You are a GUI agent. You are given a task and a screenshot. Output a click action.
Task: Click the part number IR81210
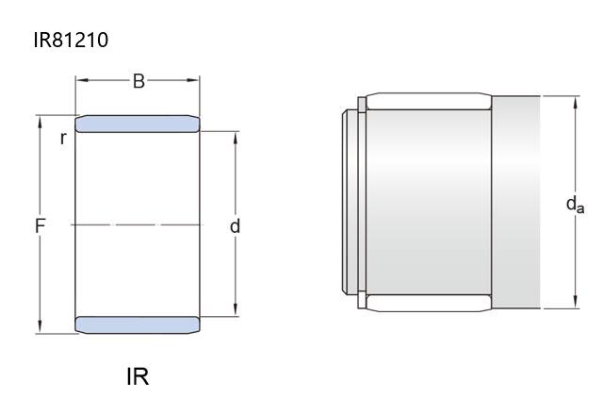pyautogui.click(x=71, y=40)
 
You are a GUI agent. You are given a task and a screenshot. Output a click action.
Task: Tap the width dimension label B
pyautogui.click(x=139, y=81)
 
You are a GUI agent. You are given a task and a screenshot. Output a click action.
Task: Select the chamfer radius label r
pyautogui.click(x=63, y=138)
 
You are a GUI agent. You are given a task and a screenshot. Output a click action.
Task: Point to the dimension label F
pyautogui.click(x=40, y=225)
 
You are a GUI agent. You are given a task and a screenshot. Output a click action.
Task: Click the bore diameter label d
pyautogui.click(x=235, y=226)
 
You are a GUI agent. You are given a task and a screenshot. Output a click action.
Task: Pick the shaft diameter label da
pyautogui.click(x=576, y=205)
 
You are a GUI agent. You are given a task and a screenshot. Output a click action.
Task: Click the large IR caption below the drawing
pyautogui.click(x=138, y=376)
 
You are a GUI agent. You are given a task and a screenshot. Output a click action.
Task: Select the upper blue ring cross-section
pyautogui.click(x=138, y=124)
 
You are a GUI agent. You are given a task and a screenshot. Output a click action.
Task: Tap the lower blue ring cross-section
pyautogui.click(x=138, y=324)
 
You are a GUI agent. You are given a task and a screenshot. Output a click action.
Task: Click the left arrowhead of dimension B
pyautogui.click(x=82, y=80)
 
